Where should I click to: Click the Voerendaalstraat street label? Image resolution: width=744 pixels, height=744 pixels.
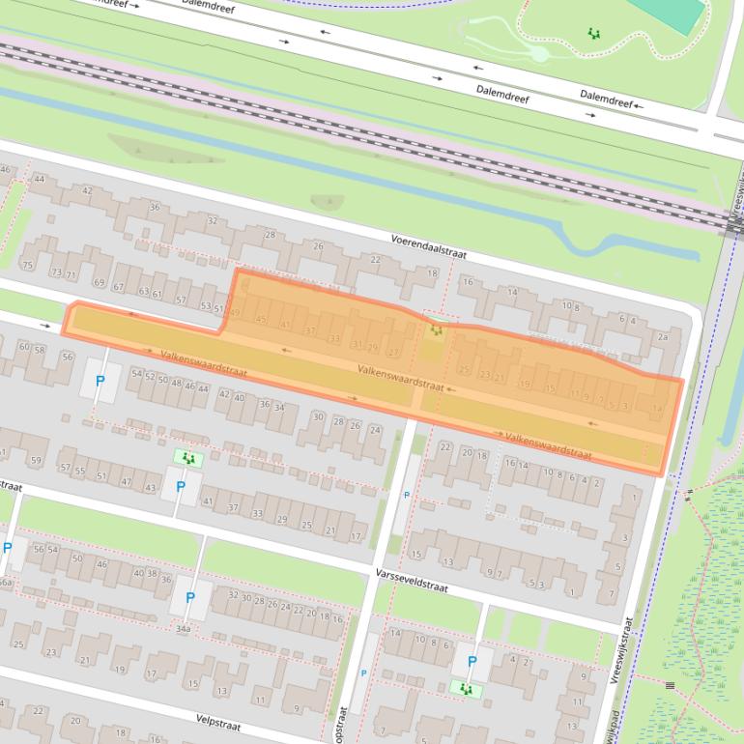click(429, 246)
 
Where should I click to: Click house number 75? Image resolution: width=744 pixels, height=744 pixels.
click(27, 266)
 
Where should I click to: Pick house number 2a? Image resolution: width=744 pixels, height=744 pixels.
click(662, 337)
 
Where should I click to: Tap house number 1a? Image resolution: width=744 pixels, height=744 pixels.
click(657, 409)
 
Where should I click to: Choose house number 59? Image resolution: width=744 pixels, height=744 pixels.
click(36, 461)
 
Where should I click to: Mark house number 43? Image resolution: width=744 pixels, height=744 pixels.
click(150, 488)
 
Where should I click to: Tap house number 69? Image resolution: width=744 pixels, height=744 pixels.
click(99, 283)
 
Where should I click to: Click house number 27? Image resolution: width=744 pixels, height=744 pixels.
click(392, 353)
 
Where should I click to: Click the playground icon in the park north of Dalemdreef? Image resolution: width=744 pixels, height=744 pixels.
click(593, 33)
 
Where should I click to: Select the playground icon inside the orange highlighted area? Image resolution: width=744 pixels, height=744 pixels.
click(437, 330)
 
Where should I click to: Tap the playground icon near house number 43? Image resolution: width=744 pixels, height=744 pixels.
click(187, 457)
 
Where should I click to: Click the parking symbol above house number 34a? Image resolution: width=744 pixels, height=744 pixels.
click(190, 598)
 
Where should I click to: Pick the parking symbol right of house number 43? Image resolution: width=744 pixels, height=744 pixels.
click(180, 487)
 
